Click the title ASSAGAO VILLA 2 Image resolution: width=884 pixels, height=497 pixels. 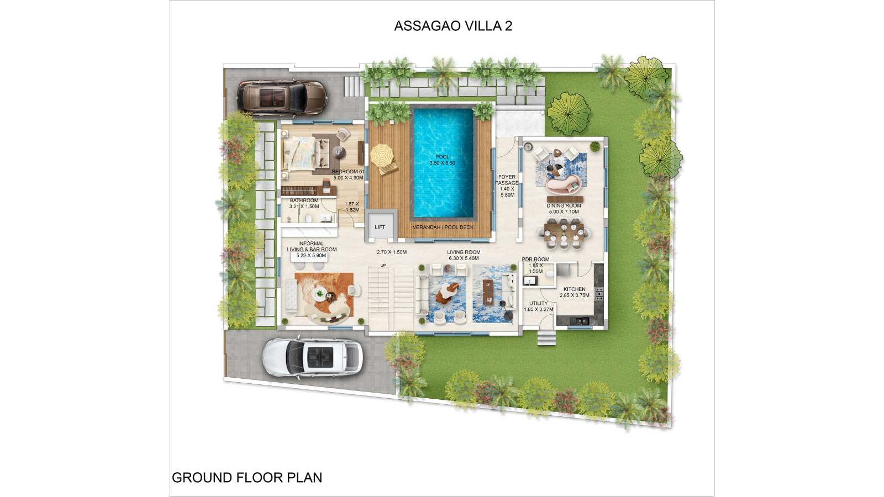coord(453,26)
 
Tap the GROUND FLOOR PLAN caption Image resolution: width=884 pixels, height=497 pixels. coord(247,478)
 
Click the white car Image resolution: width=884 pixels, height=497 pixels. coord(312,356)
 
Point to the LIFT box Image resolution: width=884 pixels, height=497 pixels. coord(380,226)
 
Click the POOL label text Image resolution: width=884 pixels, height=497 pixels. coord(443,157)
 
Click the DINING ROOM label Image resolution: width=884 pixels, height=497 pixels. coord(564,206)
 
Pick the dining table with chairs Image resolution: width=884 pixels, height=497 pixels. coord(564,234)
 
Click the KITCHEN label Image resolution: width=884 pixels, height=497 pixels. coord(575,289)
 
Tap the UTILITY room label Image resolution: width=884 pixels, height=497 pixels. coord(539,303)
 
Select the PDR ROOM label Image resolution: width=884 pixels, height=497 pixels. coord(536,260)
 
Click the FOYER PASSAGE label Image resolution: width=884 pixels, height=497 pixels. coord(507,180)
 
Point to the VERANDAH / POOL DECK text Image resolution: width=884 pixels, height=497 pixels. coord(443,228)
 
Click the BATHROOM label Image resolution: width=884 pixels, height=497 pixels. coord(304,200)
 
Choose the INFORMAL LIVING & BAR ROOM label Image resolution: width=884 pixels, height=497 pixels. coord(312,246)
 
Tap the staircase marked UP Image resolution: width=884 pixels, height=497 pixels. coord(391,298)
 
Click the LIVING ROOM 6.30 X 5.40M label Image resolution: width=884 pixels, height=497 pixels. coord(464,255)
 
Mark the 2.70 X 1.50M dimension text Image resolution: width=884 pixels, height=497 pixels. coord(392,252)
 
